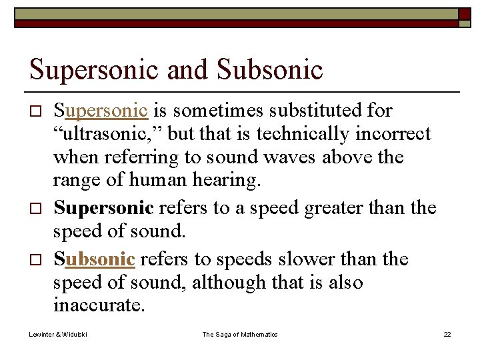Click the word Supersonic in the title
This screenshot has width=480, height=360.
click(x=93, y=69)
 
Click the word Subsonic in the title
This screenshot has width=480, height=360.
click(x=270, y=69)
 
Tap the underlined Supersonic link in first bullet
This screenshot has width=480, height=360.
click(x=101, y=111)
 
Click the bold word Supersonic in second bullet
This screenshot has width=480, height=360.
click(x=103, y=208)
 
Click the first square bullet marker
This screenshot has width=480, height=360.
click(x=37, y=111)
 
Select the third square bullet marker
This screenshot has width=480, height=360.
click(x=37, y=259)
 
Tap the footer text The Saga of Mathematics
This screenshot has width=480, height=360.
click(x=240, y=334)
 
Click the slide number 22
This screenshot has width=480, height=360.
click(x=447, y=334)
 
